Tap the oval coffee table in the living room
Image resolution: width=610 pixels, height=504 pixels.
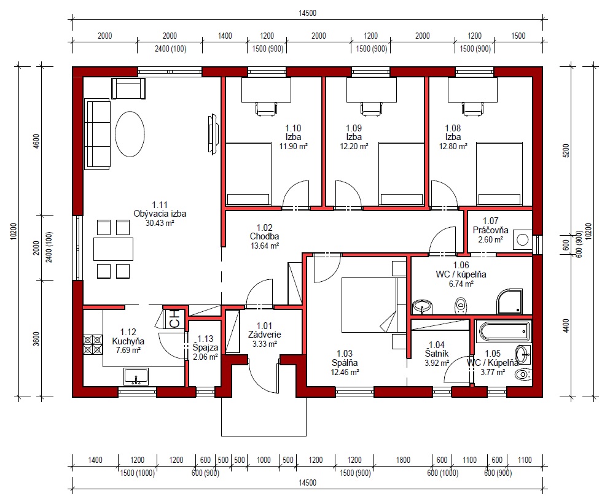(130, 134)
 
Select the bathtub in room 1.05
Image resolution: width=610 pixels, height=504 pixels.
(503, 331)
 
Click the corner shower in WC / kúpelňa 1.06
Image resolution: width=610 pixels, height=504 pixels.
(510, 301)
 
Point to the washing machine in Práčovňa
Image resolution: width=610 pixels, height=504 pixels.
(523, 239)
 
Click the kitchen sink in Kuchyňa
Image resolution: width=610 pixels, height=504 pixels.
(136, 377)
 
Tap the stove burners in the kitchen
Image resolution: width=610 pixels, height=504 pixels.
(93, 344)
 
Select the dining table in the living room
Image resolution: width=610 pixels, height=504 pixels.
(113, 249)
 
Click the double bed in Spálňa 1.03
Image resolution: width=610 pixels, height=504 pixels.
(368, 305)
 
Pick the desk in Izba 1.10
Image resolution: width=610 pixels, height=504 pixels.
(266, 90)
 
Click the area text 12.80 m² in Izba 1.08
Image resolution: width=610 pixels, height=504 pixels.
(453, 146)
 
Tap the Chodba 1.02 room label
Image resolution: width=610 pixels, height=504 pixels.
(265, 232)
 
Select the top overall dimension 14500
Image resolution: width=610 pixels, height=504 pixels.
(307, 14)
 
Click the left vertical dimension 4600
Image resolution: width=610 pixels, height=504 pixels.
(36, 141)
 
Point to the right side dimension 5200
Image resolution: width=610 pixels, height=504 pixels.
(566, 150)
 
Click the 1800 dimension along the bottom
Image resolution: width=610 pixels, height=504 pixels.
(403, 460)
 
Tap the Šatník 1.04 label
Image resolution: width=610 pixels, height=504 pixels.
(437, 349)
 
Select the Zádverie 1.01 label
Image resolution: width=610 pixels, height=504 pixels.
(265, 330)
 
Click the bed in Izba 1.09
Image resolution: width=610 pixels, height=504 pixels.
(401, 174)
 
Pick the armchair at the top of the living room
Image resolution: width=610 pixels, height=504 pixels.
(128, 88)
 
